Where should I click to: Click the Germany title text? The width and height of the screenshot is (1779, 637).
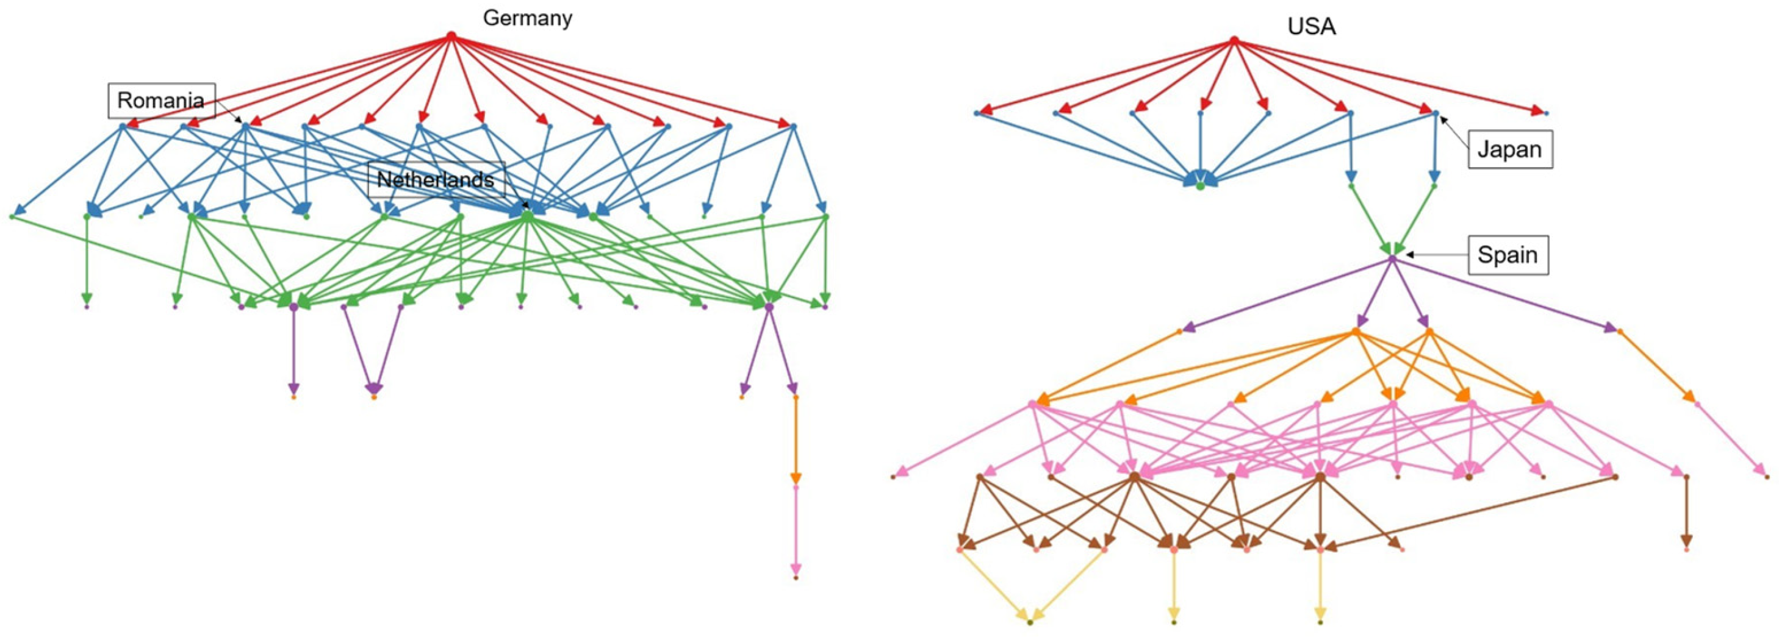coord(527,18)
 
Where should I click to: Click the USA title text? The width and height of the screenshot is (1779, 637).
coord(1311,27)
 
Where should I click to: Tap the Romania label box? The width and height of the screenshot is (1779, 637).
coord(161,101)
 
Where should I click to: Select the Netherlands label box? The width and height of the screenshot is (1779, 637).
coord(436,180)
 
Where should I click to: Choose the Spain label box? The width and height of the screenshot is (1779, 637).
coord(1508,255)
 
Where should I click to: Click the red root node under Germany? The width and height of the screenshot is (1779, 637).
coord(451,35)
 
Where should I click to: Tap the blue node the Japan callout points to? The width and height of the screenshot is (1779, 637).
coord(1435,113)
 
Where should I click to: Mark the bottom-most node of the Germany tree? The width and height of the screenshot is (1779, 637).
coord(796,578)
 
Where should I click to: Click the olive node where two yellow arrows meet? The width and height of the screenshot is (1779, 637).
coord(1030,622)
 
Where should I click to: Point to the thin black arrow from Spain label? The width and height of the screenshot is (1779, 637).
coord(1437,255)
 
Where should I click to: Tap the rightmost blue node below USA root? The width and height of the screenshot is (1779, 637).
coord(1547,113)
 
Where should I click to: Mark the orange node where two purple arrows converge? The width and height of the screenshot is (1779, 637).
coord(373,397)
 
